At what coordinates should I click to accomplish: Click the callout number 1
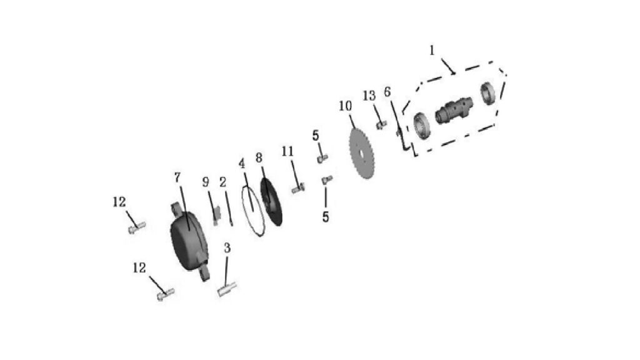(432, 51)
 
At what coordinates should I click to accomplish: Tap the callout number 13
(369, 96)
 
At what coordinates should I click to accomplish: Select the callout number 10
(345, 106)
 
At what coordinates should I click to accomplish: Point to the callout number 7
(177, 177)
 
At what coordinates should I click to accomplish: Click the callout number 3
(227, 247)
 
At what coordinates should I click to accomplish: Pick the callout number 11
(287, 151)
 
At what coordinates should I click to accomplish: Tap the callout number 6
(387, 92)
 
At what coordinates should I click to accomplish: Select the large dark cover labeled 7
(189, 241)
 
